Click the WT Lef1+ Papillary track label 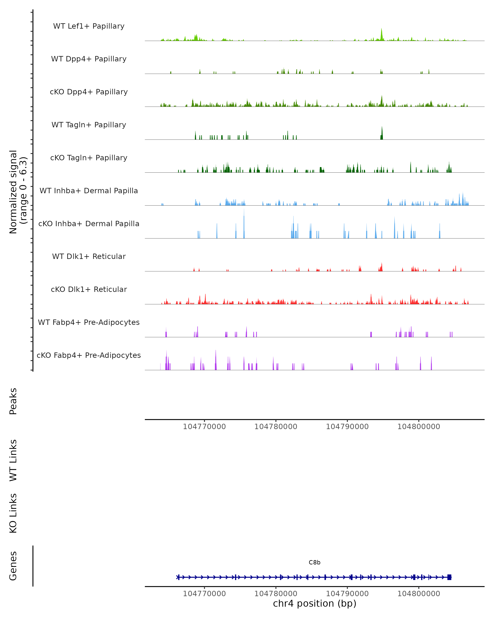89,26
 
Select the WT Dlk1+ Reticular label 89,256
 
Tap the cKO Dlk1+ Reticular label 89,289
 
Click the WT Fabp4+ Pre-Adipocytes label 89,322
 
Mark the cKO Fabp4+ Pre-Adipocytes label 89,355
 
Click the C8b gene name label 315,562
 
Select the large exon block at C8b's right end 449,577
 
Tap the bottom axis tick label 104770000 204,594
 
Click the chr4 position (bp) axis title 315,603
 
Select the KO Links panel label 13,513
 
